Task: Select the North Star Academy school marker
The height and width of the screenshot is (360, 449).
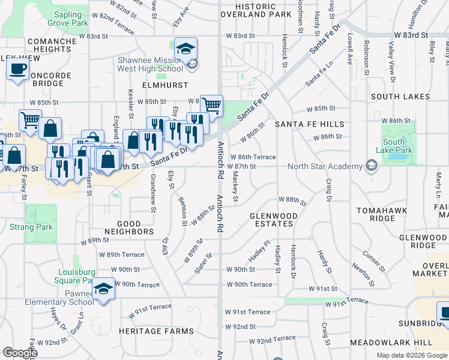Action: pyautogui.click(x=372, y=166)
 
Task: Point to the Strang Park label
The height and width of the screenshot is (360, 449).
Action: pyautogui.click(x=31, y=227)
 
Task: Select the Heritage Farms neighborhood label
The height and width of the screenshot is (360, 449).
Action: pyautogui.click(x=156, y=331)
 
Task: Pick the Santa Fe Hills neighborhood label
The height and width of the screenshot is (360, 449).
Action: pyautogui.click(x=310, y=124)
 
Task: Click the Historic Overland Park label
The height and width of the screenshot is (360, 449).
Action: pyautogui.click(x=256, y=10)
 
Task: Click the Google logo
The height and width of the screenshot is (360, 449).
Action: pyautogui.click(x=20, y=353)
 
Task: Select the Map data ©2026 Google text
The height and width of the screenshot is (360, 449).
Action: pyautogui.click(x=411, y=355)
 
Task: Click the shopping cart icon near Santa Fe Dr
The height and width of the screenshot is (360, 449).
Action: pyautogui.click(x=211, y=106)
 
